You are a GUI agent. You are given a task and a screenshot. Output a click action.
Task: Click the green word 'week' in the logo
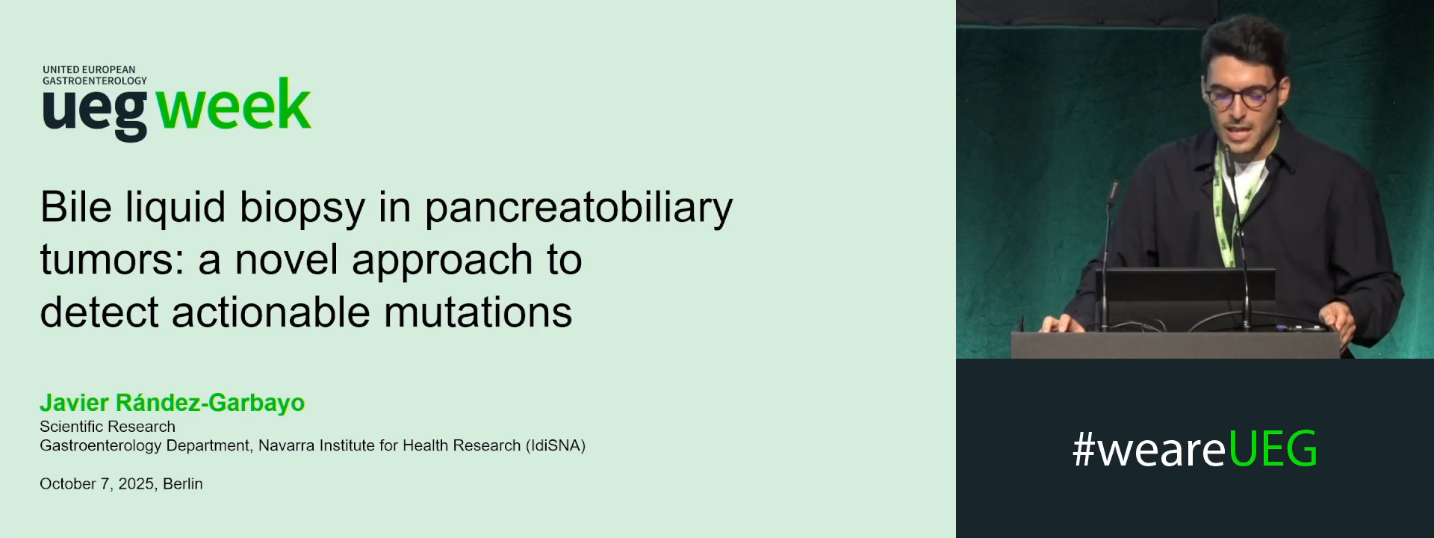click(234, 106)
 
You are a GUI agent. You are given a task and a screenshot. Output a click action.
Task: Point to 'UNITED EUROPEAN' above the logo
click(89, 69)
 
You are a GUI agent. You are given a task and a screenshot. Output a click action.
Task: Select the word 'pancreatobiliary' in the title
click(579, 208)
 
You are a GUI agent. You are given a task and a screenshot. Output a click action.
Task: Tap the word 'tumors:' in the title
click(112, 260)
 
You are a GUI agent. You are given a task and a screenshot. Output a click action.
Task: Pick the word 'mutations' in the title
click(478, 312)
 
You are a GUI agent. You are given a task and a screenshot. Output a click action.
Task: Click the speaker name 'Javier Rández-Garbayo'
click(172, 403)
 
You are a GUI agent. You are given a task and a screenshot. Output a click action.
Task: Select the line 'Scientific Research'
click(108, 427)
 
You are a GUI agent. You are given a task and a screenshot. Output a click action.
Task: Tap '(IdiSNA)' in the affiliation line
click(556, 446)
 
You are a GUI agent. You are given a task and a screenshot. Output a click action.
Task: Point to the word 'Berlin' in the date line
click(183, 484)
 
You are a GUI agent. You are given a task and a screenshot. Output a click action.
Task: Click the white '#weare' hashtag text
click(1149, 449)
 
